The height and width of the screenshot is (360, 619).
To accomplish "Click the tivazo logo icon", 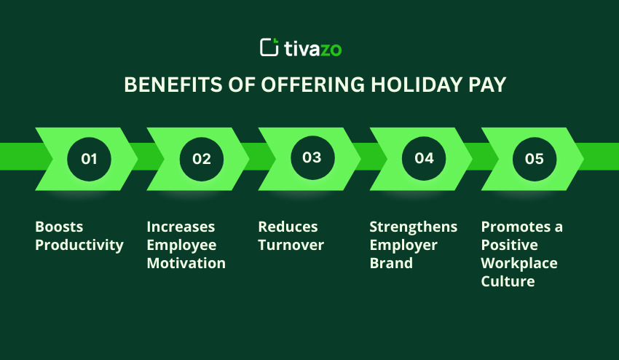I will click(x=269, y=47).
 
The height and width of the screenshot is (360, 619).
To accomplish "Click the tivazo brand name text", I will click(x=312, y=48).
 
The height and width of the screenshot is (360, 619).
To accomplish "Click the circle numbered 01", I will click(x=89, y=158).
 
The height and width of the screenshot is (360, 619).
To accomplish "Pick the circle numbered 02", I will click(x=201, y=158).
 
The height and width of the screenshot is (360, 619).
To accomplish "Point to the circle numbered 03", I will click(x=312, y=158).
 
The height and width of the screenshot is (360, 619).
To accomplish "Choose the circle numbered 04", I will click(x=424, y=158).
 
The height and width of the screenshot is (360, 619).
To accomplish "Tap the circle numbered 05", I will click(x=535, y=158).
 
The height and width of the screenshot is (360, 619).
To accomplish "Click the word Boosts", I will click(x=58, y=227).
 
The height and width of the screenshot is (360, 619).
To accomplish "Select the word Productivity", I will click(x=79, y=245).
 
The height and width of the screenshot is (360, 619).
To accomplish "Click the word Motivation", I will click(x=186, y=263).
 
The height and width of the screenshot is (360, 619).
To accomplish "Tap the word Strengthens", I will click(x=413, y=227).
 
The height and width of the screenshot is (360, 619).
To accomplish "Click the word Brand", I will click(x=390, y=263).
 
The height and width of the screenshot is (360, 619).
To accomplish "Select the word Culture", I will click(x=508, y=281).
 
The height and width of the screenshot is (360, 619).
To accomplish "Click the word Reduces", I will click(x=288, y=227).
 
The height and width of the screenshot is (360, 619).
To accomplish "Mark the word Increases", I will click(x=181, y=227).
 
